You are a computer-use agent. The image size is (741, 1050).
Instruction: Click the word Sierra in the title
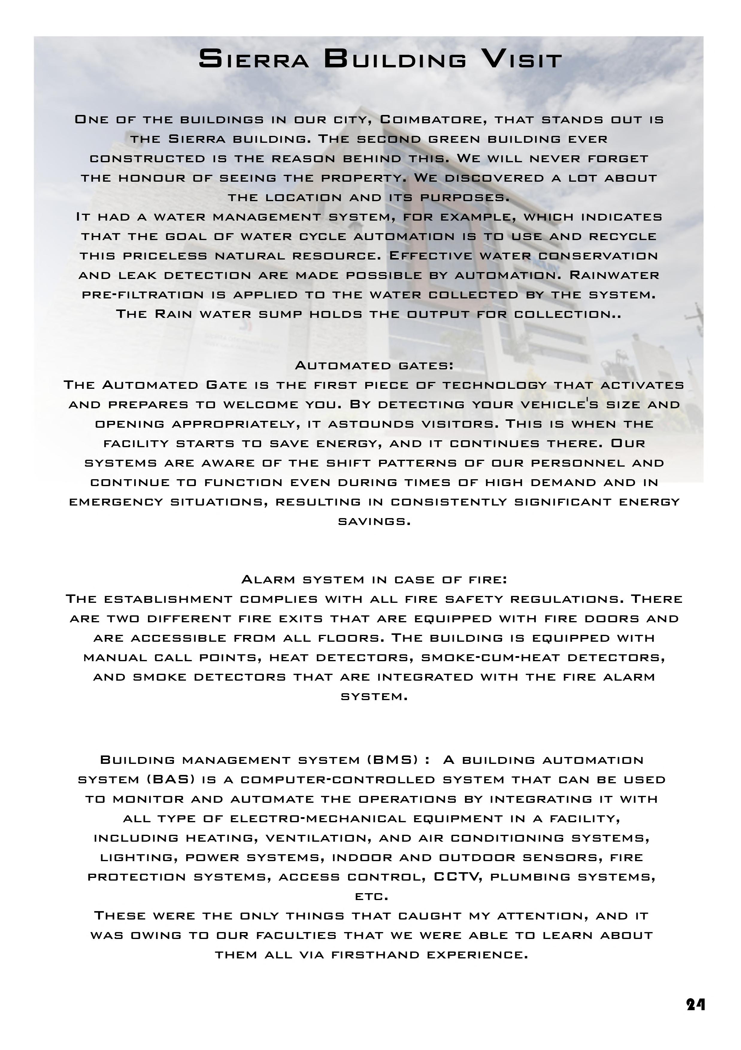(254, 60)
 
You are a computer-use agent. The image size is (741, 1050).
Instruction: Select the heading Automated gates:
(374, 365)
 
